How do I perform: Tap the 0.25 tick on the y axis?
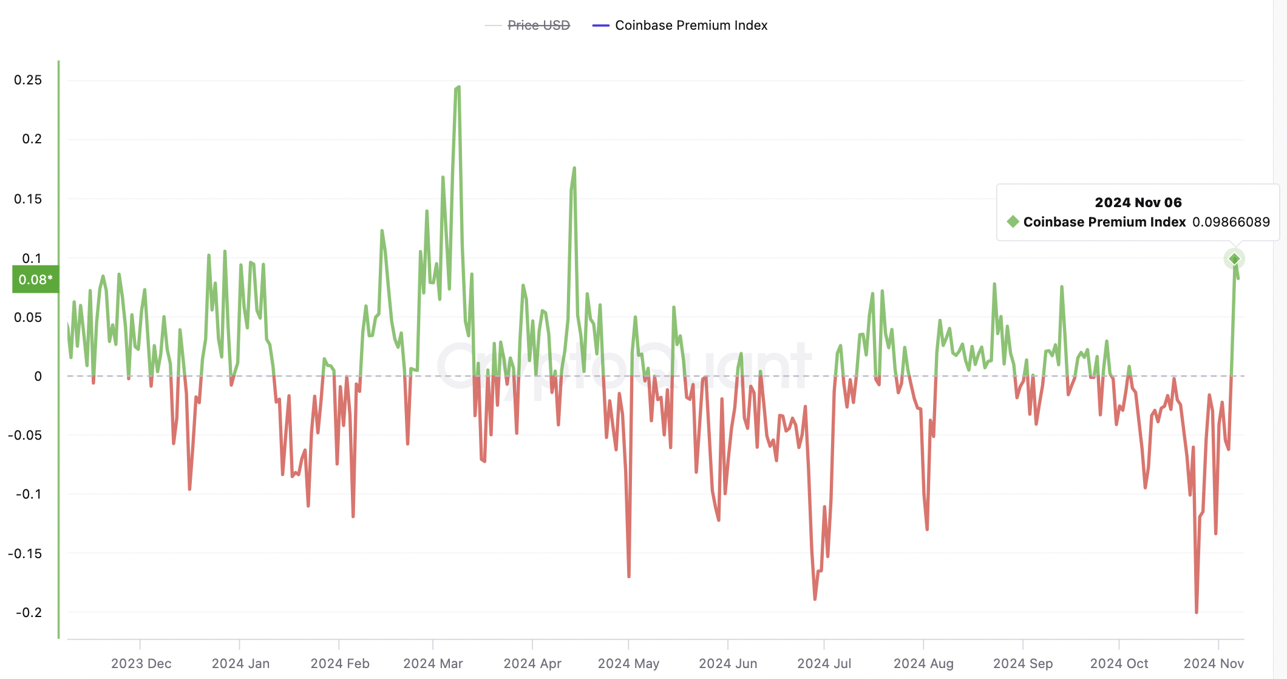point(28,80)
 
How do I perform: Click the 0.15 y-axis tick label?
point(28,199)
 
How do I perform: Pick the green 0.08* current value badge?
point(35,279)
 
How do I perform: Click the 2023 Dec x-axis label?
point(141,663)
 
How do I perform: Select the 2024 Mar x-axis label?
point(433,663)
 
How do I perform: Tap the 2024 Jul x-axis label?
point(824,663)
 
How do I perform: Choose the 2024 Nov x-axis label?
point(1214,663)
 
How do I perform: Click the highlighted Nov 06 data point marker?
point(1234,259)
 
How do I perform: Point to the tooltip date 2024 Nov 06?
point(1138,203)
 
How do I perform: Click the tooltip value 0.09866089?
point(1231,222)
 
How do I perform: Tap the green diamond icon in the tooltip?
point(1013,222)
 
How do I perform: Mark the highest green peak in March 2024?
point(458,87)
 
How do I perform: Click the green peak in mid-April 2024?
point(574,168)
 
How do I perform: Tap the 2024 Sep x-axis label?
point(1022,663)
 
